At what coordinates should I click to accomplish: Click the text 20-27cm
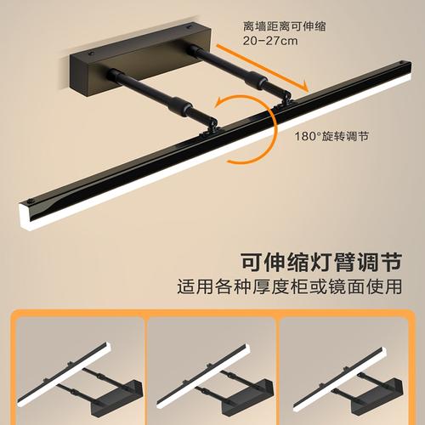(270, 41)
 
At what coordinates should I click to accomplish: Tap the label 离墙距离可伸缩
(285, 26)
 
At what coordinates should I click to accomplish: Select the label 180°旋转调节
(331, 136)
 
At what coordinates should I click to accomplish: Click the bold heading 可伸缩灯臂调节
(321, 263)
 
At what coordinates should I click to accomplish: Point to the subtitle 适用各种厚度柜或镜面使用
(290, 286)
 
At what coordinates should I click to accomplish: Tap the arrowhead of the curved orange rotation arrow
(219, 102)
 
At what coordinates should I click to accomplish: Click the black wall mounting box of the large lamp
(141, 59)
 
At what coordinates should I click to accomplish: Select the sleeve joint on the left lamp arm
(179, 105)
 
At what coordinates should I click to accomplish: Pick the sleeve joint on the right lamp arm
(257, 79)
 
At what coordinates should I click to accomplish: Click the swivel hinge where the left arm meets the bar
(210, 127)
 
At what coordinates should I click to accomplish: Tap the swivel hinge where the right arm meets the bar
(285, 99)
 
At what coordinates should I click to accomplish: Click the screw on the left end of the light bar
(31, 201)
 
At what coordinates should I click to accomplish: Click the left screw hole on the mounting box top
(91, 54)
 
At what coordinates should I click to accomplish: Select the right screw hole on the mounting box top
(188, 27)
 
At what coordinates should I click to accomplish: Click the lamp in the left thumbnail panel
(80, 381)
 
